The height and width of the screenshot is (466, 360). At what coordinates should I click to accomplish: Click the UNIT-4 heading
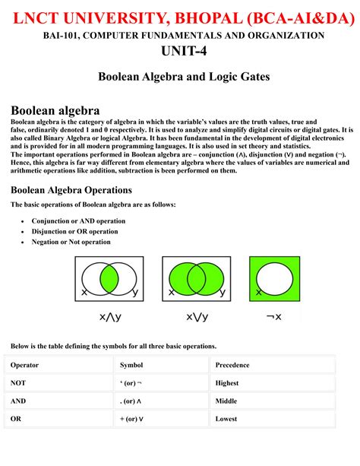(180, 51)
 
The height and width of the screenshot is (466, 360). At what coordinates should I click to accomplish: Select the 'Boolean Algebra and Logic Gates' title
(180, 76)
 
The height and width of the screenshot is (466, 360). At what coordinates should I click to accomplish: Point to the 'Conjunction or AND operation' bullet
(78, 220)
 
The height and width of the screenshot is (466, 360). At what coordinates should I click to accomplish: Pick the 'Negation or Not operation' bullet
(71, 242)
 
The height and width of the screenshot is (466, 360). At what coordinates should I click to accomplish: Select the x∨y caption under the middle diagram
(195, 316)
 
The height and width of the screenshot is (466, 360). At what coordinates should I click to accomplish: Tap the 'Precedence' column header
(232, 365)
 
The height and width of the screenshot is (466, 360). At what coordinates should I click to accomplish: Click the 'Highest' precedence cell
(228, 383)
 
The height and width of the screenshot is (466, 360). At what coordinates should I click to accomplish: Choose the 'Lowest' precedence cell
(227, 418)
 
